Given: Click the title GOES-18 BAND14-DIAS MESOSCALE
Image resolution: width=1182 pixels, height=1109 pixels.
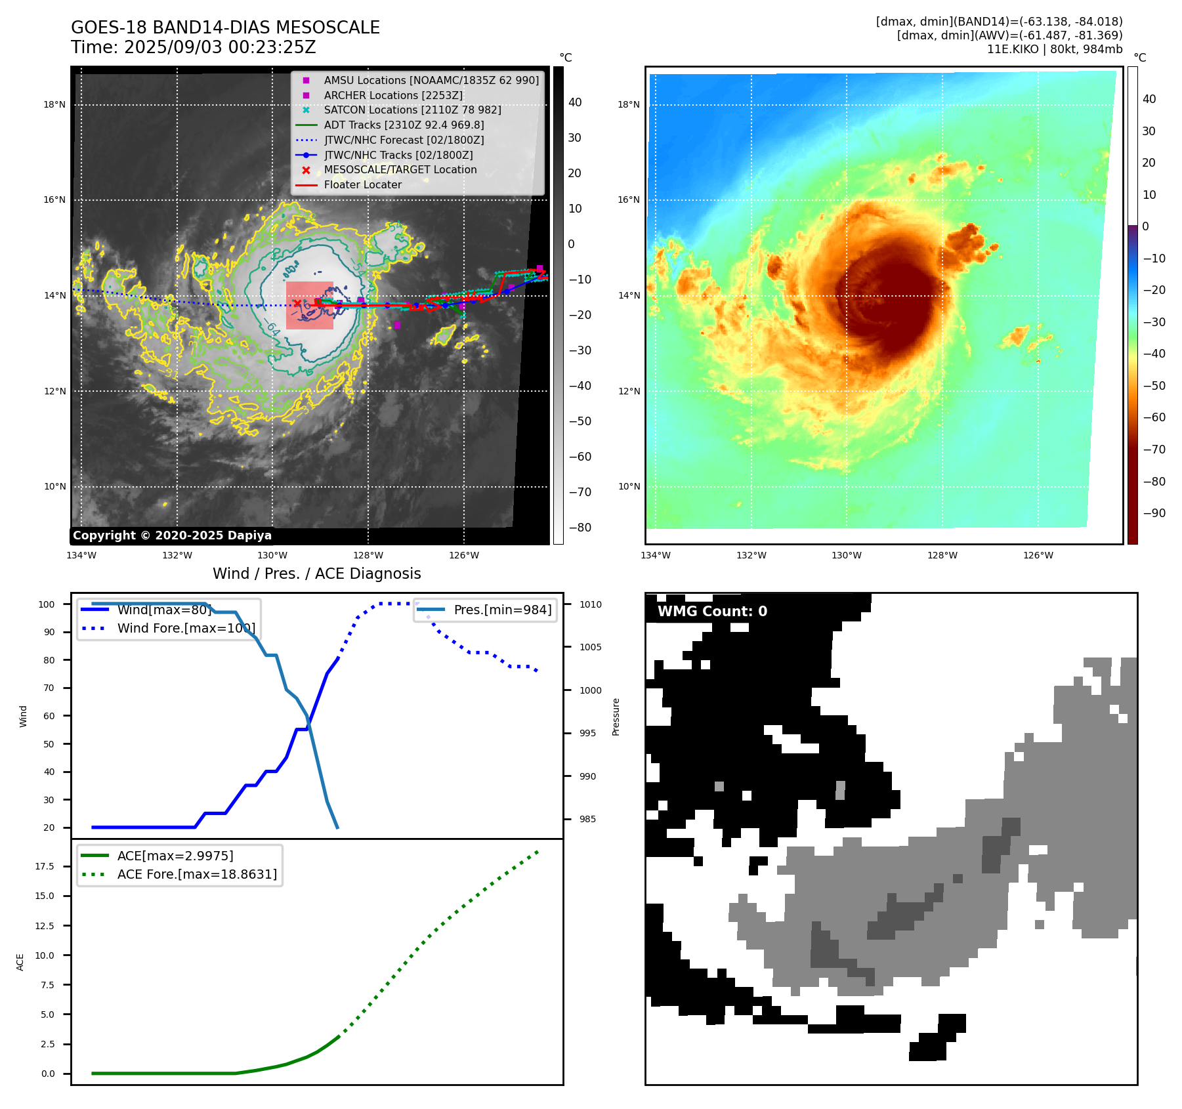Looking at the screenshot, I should coord(225,28).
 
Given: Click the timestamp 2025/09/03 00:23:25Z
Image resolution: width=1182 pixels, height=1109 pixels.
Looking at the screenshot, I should coord(220,47).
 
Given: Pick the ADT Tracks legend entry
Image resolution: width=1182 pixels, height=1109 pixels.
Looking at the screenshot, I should coord(404,125).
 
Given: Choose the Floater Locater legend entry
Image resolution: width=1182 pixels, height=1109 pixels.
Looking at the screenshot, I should coord(362,184).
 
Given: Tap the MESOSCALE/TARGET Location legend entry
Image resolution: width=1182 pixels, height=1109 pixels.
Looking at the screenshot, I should coord(400,169).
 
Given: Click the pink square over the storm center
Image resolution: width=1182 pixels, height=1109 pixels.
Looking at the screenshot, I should coord(310,305).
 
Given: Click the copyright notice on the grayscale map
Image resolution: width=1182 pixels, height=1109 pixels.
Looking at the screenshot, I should coord(172,535).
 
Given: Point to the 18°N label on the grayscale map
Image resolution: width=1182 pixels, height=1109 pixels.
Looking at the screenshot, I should coord(54,104).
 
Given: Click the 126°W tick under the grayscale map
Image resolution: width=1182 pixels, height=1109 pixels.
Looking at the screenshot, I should coord(463,555).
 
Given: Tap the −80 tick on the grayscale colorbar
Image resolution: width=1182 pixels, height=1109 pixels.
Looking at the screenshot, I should coord(580,528).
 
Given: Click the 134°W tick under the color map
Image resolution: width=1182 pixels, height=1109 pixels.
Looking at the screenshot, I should coord(655,555).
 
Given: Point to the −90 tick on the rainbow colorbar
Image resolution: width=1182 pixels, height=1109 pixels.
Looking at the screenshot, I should coord(1154,513).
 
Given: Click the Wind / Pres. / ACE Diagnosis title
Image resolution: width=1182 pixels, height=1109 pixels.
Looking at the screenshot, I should coord(316,574).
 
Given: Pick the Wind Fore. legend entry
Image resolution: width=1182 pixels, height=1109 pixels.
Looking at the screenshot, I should coord(186,628).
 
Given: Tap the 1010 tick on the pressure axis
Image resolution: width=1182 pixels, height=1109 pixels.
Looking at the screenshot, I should coord(590,604).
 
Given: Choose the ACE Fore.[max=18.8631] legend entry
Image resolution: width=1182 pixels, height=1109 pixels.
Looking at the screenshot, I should coord(197,874).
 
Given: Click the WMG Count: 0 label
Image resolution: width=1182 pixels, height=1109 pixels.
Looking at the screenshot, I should coord(712,612).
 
